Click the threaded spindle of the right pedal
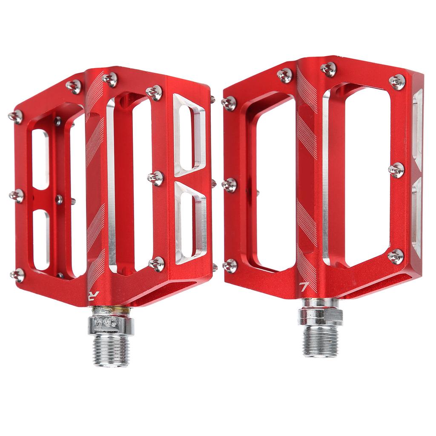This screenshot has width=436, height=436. pyautogui.click(x=320, y=341)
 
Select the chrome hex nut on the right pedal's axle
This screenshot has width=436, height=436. pyautogui.click(x=320, y=316)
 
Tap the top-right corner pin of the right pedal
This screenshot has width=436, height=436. pyautogui.click(x=397, y=82)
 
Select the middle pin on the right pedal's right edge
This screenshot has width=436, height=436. pyautogui.click(x=396, y=170)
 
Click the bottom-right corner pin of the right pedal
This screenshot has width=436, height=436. pyautogui.click(x=396, y=256)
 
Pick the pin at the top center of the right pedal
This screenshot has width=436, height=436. pyautogui.click(x=328, y=69)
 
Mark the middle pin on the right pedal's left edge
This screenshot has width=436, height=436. pyautogui.click(x=229, y=185)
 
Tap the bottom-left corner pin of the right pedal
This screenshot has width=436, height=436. pyautogui.click(x=230, y=265)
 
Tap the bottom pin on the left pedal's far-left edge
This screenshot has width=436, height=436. pyautogui.click(x=18, y=275)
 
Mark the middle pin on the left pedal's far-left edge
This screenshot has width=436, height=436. pyautogui.click(x=17, y=196)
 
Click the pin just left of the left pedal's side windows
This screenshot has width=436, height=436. pyautogui.click(x=156, y=178)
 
